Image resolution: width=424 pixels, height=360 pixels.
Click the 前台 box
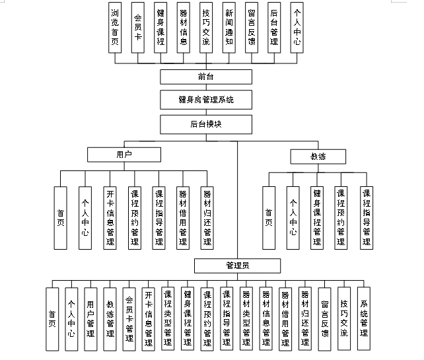205,77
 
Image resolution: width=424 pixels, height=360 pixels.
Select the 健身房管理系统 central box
205,100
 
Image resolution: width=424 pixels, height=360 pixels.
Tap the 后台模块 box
205,124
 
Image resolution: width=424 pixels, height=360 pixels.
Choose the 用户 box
124,155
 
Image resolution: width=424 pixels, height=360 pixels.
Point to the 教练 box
318,157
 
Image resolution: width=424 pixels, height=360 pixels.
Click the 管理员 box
236,266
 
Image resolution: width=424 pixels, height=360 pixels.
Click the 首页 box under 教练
269,217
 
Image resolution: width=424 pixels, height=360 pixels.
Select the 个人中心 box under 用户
85,217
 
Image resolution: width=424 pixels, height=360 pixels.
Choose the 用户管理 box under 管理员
90,318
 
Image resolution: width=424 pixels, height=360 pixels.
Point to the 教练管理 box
110,318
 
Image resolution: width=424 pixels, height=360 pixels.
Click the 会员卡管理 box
129,318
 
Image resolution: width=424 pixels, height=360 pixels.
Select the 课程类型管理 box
168,318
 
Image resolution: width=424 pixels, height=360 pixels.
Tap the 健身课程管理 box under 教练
317,217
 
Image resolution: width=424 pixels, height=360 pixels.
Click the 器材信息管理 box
265,318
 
